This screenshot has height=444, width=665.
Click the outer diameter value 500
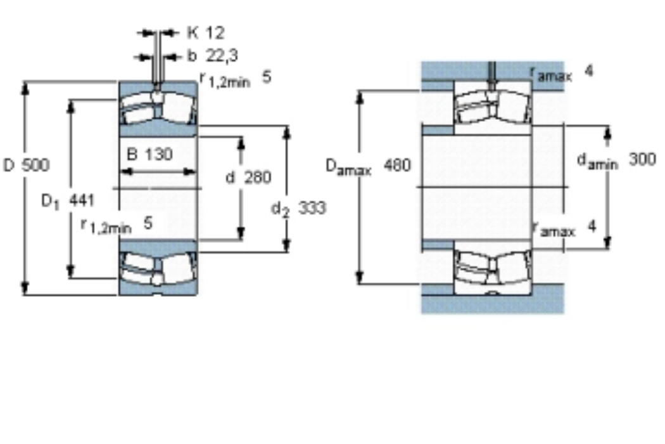click(x=35, y=165)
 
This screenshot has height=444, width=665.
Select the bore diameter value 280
click(x=257, y=177)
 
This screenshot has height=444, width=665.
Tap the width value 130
click(x=158, y=153)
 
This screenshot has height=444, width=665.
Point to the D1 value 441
click(x=82, y=200)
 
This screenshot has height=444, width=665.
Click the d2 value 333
click(x=312, y=208)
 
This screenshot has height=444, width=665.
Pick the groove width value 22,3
click(x=222, y=56)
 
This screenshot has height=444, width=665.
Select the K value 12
click(x=215, y=33)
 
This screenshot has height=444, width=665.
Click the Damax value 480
click(x=397, y=165)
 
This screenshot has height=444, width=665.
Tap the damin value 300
click(x=642, y=159)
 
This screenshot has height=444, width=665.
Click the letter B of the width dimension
click(x=132, y=153)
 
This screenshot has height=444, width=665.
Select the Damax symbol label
click(x=348, y=167)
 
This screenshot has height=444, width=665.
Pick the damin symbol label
click(x=597, y=162)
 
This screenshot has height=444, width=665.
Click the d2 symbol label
click(x=281, y=209)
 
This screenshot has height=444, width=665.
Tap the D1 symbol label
click(x=50, y=202)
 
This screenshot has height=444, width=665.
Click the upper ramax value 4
click(x=588, y=70)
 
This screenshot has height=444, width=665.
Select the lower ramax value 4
click(x=592, y=226)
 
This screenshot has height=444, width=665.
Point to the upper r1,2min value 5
click(x=267, y=77)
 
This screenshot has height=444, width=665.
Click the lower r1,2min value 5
click(x=148, y=223)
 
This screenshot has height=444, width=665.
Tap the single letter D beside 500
click(x=9, y=165)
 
